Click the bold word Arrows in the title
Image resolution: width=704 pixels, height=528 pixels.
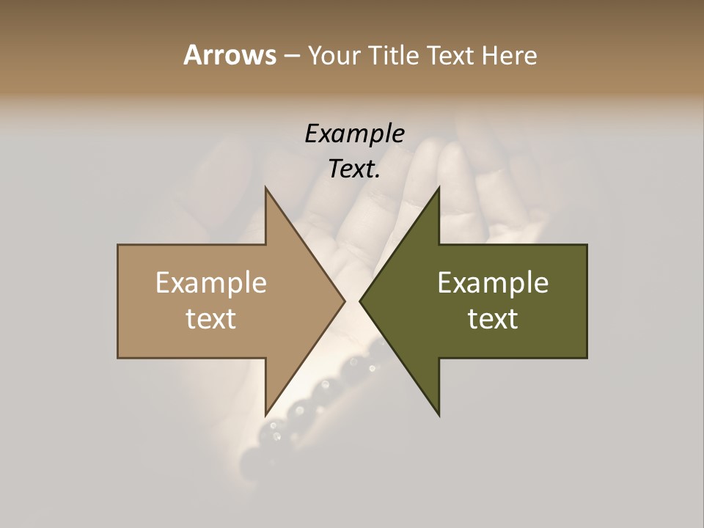click(230, 55)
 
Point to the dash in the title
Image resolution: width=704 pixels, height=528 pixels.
click(291, 56)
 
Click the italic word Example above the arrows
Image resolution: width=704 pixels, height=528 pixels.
click(354, 134)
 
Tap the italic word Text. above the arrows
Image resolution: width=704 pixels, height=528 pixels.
click(354, 169)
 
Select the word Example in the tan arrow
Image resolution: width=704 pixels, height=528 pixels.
click(211, 283)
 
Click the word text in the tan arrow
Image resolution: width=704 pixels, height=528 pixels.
click(211, 319)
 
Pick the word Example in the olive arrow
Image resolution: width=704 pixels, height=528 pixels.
click(493, 283)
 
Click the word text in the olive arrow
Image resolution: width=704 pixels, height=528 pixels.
click(493, 319)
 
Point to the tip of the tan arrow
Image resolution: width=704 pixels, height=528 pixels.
click(344, 301)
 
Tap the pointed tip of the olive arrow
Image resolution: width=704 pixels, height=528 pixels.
click(360, 301)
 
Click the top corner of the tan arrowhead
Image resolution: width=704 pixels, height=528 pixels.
click(265, 188)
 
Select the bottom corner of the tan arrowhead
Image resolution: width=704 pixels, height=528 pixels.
click(265, 415)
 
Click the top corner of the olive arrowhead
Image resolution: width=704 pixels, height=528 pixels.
click(439, 188)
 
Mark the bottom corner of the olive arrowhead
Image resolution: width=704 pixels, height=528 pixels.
click(439, 415)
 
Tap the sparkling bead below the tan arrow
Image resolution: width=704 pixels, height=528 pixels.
click(276, 437)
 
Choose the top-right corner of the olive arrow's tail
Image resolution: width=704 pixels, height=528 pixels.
click(587, 245)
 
